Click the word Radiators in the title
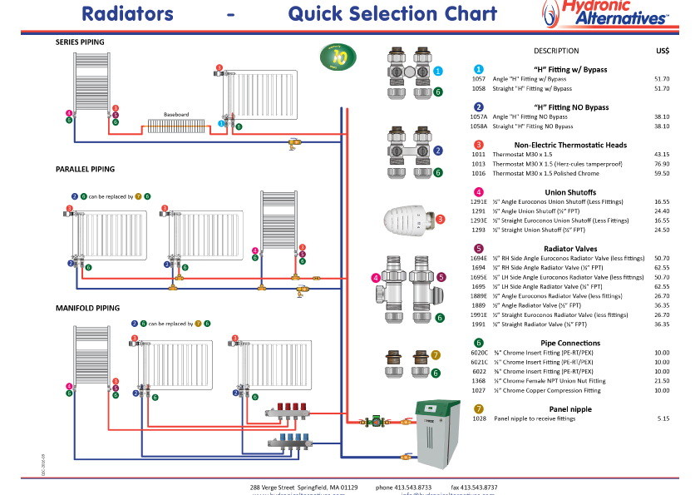[x=127, y=14]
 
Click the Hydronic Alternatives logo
[x=607, y=14]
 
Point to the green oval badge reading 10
[x=338, y=57]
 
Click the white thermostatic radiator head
[x=407, y=220]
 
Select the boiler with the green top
[x=437, y=433]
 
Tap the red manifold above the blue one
[x=288, y=410]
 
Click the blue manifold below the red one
[x=290, y=442]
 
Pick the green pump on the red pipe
[x=376, y=422]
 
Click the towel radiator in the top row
[x=91, y=82]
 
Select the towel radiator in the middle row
[x=279, y=220]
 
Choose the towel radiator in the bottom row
[x=91, y=355]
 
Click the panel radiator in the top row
[x=260, y=94]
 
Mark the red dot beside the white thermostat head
[x=441, y=220]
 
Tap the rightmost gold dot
[x=479, y=408]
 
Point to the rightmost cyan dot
[x=479, y=70]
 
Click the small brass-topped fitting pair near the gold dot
[x=407, y=364]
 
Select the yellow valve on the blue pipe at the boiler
[x=406, y=456]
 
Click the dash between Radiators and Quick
[x=230, y=14]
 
